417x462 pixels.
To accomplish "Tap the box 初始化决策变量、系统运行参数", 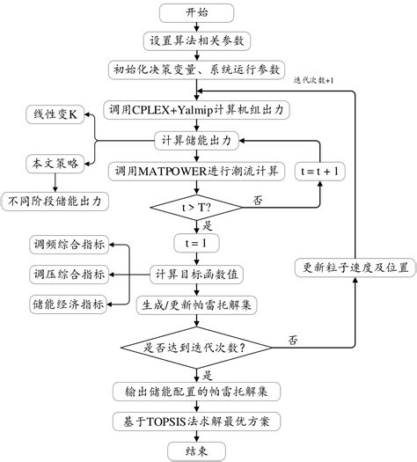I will (x=198, y=69).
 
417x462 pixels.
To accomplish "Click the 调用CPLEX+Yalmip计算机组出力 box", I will (x=198, y=110).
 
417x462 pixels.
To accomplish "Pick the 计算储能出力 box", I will (x=198, y=139).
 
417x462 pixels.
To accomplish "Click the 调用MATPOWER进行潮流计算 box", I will (x=198, y=169).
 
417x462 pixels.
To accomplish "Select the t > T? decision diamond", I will (x=198, y=208).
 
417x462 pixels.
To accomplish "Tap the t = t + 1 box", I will (x=320, y=169).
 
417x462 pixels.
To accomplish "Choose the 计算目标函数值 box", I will (x=198, y=275).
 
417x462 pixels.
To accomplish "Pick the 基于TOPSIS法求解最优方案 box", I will (x=198, y=421).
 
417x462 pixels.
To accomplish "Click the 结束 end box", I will (x=198, y=450).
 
